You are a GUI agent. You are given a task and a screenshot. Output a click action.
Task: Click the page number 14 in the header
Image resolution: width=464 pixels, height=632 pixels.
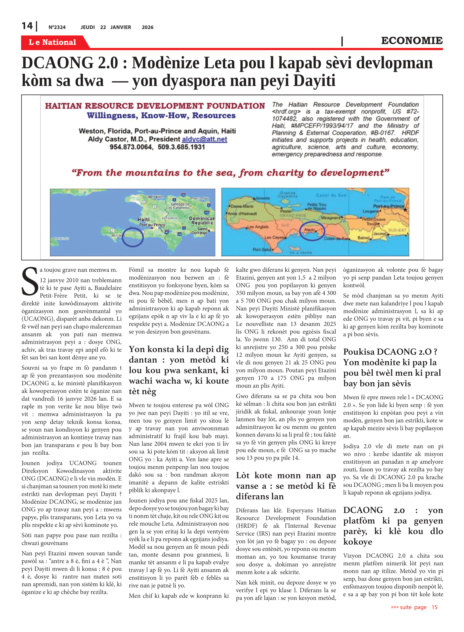point(27,26)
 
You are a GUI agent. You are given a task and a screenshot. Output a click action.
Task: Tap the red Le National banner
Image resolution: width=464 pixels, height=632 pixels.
point(53,42)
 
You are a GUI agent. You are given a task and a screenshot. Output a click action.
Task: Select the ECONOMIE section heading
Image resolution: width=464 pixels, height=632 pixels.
point(411,41)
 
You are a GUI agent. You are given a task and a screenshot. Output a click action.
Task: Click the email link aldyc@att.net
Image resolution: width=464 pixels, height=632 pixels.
point(204,139)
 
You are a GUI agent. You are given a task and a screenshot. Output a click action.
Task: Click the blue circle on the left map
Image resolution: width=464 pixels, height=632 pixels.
point(133,237)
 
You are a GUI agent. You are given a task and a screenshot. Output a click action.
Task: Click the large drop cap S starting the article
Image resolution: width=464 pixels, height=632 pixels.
point(30,281)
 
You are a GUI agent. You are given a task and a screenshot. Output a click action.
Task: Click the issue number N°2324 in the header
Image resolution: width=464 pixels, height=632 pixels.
point(57,27)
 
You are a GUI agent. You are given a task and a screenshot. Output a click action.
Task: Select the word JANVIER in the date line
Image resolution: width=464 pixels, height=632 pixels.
point(120,27)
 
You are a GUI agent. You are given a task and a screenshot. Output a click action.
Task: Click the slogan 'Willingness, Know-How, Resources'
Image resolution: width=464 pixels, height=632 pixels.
point(161,116)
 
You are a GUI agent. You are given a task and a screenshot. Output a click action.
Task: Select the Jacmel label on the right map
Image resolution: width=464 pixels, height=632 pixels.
point(379,233)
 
